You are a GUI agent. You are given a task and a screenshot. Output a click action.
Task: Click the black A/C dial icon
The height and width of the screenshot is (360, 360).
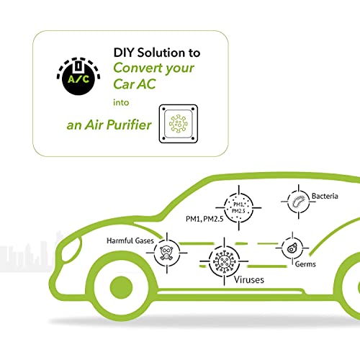[x=78, y=76]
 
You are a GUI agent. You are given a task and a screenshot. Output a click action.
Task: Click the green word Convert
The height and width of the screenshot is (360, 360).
[x=138, y=68]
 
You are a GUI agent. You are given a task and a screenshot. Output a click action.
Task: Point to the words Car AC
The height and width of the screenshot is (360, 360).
[x=135, y=84]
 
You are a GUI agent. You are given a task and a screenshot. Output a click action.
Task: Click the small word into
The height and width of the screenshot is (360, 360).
[x=121, y=102]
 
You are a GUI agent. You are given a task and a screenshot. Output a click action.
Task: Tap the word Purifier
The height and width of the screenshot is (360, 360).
[x=129, y=125]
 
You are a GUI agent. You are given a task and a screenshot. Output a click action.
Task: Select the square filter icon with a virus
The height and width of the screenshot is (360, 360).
[x=179, y=124]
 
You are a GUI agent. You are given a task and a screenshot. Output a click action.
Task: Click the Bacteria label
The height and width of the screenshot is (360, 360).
[x=325, y=196]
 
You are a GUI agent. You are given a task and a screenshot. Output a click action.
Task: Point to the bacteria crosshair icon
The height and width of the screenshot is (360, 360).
[x=298, y=202]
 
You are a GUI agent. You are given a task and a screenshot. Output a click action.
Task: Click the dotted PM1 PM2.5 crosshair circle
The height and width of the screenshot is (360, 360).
[x=238, y=208]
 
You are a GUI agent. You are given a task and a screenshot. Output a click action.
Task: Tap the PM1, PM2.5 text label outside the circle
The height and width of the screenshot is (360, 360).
[x=204, y=219]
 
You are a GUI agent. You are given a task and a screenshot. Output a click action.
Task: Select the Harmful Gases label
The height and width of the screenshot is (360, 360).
[x=130, y=240]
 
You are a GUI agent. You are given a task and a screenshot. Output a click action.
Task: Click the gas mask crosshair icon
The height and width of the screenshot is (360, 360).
[x=167, y=253]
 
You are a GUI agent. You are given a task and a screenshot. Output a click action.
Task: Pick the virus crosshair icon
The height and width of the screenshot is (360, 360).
[x=224, y=261]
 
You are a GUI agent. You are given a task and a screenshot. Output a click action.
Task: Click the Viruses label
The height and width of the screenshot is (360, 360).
[x=249, y=279]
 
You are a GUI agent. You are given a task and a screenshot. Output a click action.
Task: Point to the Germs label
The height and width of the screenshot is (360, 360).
[x=305, y=264]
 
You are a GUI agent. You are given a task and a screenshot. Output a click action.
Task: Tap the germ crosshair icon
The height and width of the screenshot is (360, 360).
[x=292, y=248]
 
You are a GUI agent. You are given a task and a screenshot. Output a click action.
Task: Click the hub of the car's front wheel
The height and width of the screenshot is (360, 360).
[x=121, y=287]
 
